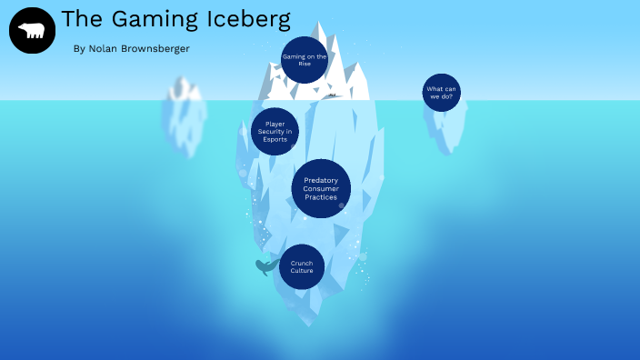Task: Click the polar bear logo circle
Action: (x=32, y=31)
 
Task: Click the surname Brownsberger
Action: (x=159, y=48)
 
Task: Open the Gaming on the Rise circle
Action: (x=304, y=60)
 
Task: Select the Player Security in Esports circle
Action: (x=275, y=132)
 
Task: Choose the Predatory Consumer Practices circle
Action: (x=321, y=189)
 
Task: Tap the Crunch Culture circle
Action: (x=302, y=266)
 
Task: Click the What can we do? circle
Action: (x=442, y=93)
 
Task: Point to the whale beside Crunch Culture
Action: (x=265, y=266)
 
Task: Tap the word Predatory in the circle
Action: (x=321, y=180)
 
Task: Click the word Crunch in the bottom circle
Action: (x=302, y=263)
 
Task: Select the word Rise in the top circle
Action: (x=304, y=65)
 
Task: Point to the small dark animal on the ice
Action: (x=333, y=95)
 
